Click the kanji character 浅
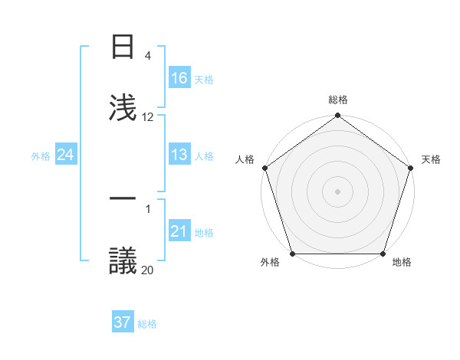click(123, 107)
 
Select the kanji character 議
click(123, 260)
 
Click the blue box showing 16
click(179, 78)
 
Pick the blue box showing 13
click(179, 155)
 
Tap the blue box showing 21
click(179, 231)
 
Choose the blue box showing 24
click(65, 155)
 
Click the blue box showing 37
click(123, 322)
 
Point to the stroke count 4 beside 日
click(148, 56)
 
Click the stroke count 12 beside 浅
click(148, 117)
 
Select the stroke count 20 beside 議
click(148, 270)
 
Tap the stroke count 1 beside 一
click(148, 208)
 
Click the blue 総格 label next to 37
click(147, 324)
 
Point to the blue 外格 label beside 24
click(41, 156)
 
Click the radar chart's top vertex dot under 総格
click(337, 116)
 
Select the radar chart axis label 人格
click(245, 159)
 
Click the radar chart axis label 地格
click(402, 263)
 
